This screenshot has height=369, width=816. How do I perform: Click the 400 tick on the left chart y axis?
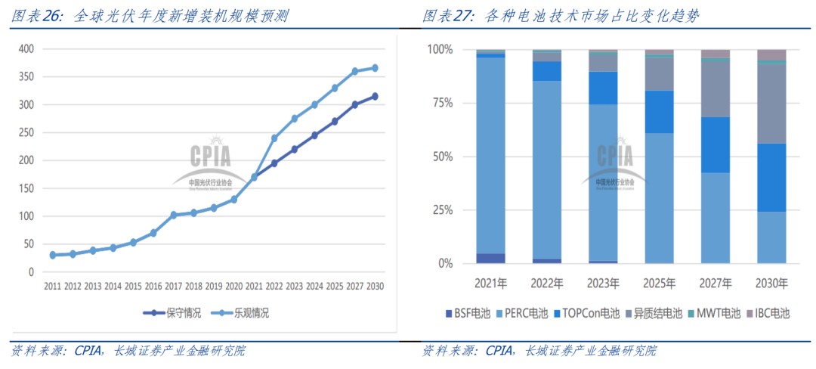(x=26, y=49)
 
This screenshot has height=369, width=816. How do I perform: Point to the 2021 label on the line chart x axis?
(x=254, y=287)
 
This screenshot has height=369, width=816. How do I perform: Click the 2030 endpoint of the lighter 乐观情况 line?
(x=375, y=68)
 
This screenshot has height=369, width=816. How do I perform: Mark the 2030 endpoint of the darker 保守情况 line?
(x=375, y=96)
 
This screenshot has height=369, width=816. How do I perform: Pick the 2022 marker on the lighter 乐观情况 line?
(x=274, y=138)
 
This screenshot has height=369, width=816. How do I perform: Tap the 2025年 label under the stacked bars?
(x=659, y=284)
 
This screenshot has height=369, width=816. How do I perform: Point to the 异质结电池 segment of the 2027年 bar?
(x=716, y=88)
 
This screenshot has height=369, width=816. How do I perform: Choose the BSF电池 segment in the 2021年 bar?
(x=491, y=259)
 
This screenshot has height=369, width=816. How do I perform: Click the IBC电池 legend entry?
(x=768, y=313)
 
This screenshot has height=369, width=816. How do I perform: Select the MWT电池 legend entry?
(x=715, y=313)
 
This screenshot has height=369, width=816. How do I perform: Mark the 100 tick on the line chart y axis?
(x=26, y=216)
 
